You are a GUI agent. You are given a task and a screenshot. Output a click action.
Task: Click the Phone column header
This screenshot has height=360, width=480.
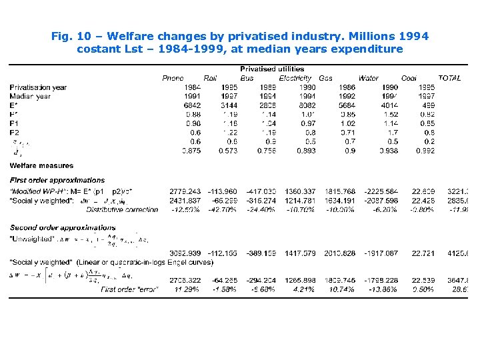(173, 78)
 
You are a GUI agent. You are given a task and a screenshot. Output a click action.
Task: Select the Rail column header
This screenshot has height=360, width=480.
(210, 78)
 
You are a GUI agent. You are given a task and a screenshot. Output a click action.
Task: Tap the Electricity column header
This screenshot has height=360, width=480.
(295, 78)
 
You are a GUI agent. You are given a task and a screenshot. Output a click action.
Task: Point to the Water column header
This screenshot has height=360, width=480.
(368, 78)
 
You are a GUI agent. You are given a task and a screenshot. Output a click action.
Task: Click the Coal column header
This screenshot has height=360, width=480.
(409, 78)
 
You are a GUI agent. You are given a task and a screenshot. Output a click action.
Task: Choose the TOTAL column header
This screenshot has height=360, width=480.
(449, 78)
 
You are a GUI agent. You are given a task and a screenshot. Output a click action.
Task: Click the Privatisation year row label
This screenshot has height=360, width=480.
(38, 87)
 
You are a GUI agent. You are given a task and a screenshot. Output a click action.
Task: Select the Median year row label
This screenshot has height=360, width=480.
(30, 96)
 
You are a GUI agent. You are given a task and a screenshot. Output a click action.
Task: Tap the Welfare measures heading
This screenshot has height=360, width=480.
(41, 165)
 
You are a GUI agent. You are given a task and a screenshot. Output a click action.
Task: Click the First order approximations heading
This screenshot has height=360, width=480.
(57, 180)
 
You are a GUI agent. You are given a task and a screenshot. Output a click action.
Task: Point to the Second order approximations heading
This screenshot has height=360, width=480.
(62, 227)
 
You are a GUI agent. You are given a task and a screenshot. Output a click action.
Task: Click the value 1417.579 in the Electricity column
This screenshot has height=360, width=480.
(298, 253)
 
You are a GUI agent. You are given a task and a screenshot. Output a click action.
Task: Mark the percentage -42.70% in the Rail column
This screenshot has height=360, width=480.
(225, 209)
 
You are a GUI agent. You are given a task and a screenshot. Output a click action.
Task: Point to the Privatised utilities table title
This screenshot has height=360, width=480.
(272, 69)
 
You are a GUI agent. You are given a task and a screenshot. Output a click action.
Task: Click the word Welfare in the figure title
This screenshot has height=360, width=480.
(129, 36)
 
